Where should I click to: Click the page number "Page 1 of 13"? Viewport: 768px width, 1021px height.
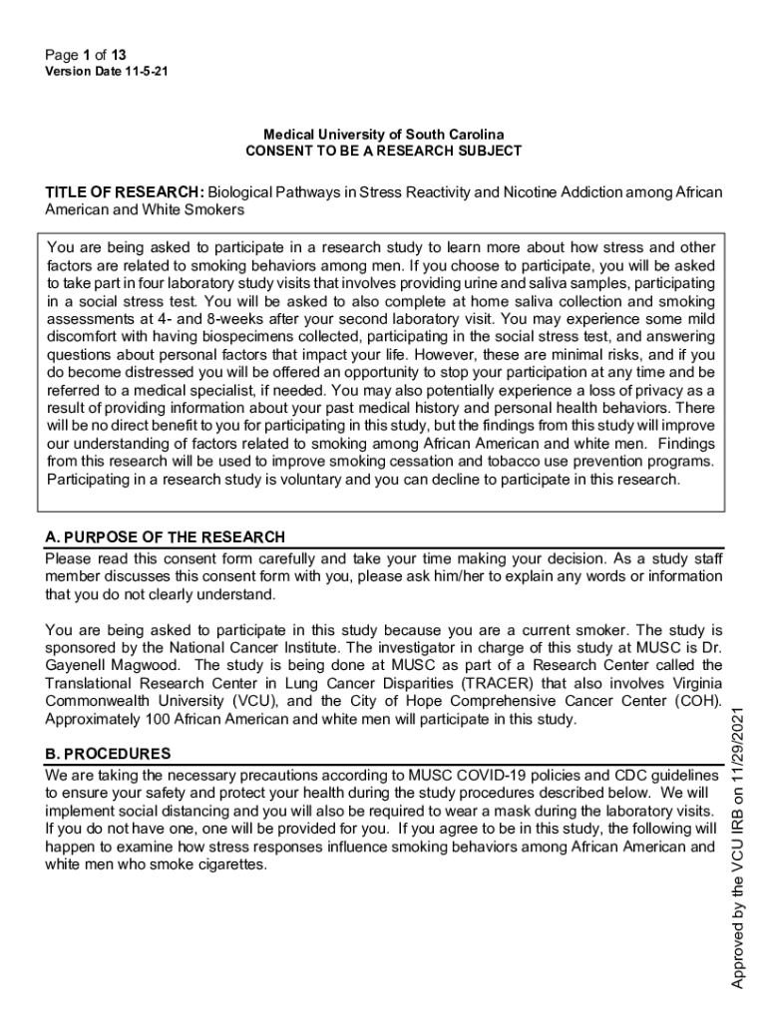point(86,55)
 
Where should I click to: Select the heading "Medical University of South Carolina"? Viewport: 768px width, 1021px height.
point(383,135)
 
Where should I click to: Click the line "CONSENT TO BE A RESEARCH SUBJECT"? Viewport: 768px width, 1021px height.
point(383,152)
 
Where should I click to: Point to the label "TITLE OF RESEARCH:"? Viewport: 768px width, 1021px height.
point(125,191)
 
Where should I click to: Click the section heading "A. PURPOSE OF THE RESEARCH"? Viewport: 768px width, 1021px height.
point(166,537)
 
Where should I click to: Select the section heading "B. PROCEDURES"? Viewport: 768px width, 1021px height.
point(108,753)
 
